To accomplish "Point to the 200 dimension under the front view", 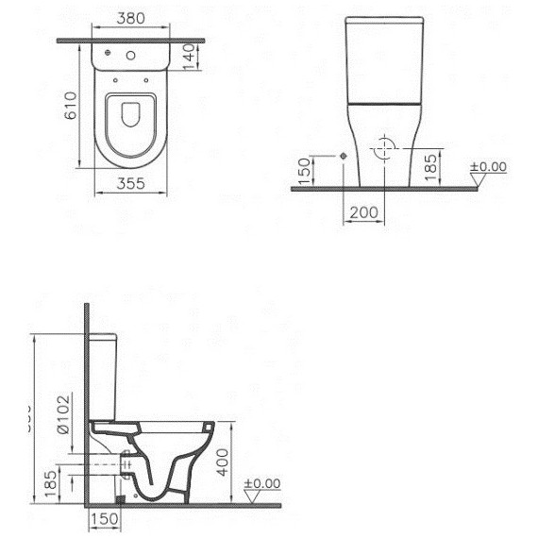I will [x=363, y=214].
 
